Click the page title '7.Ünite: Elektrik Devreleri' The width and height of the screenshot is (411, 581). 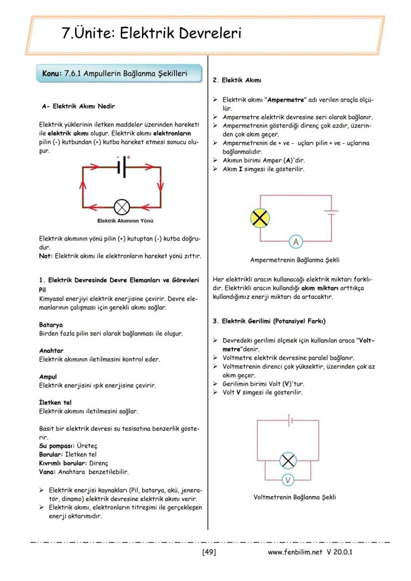[151, 33]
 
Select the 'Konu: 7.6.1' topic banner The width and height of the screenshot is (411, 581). [120, 73]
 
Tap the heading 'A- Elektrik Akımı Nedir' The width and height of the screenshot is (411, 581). [79, 106]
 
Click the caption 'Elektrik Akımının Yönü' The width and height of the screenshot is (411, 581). [122, 221]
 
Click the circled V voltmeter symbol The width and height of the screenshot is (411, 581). [288, 480]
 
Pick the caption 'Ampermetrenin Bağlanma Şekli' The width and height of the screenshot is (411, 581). [295, 259]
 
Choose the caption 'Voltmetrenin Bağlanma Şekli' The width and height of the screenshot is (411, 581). [294, 497]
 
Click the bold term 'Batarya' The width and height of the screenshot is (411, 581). [51, 325]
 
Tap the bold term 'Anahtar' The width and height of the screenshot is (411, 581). [51, 350]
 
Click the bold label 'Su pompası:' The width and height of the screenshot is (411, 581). [57, 446]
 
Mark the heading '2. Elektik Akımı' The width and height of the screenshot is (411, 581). [237, 80]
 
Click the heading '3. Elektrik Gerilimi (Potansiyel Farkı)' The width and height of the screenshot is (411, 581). [269, 321]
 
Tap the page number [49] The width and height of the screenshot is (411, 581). [209, 551]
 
